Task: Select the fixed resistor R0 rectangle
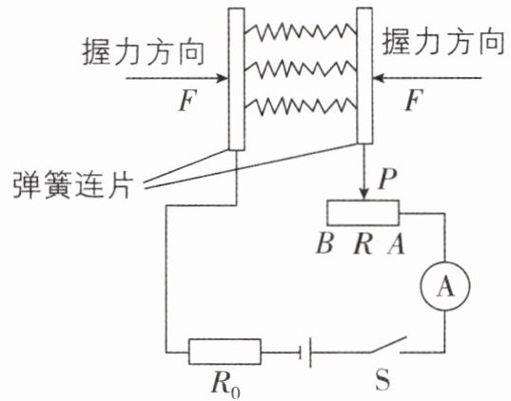pyautogui.click(x=225, y=352)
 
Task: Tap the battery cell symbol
pyautogui.click(x=305, y=353)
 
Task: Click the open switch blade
pyautogui.click(x=388, y=344)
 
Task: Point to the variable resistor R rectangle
pyautogui.click(x=364, y=213)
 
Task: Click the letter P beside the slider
pyautogui.click(x=387, y=179)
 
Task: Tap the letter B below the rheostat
pyautogui.click(x=324, y=244)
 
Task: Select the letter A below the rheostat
pyautogui.click(x=396, y=244)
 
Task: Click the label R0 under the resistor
pyautogui.click(x=226, y=385)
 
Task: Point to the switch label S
pyautogui.click(x=383, y=380)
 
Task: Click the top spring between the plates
pyautogui.click(x=300, y=31)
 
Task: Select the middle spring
pyautogui.click(x=300, y=68)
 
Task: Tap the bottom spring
pyautogui.click(x=300, y=105)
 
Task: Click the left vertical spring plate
pyautogui.click(x=237, y=79)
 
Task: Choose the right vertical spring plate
pyautogui.click(x=364, y=76)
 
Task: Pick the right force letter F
pyautogui.click(x=414, y=100)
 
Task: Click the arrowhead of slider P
pyautogui.click(x=364, y=194)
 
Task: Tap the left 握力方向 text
pyautogui.click(x=143, y=52)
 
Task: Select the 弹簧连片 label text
pyautogui.click(x=73, y=184)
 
